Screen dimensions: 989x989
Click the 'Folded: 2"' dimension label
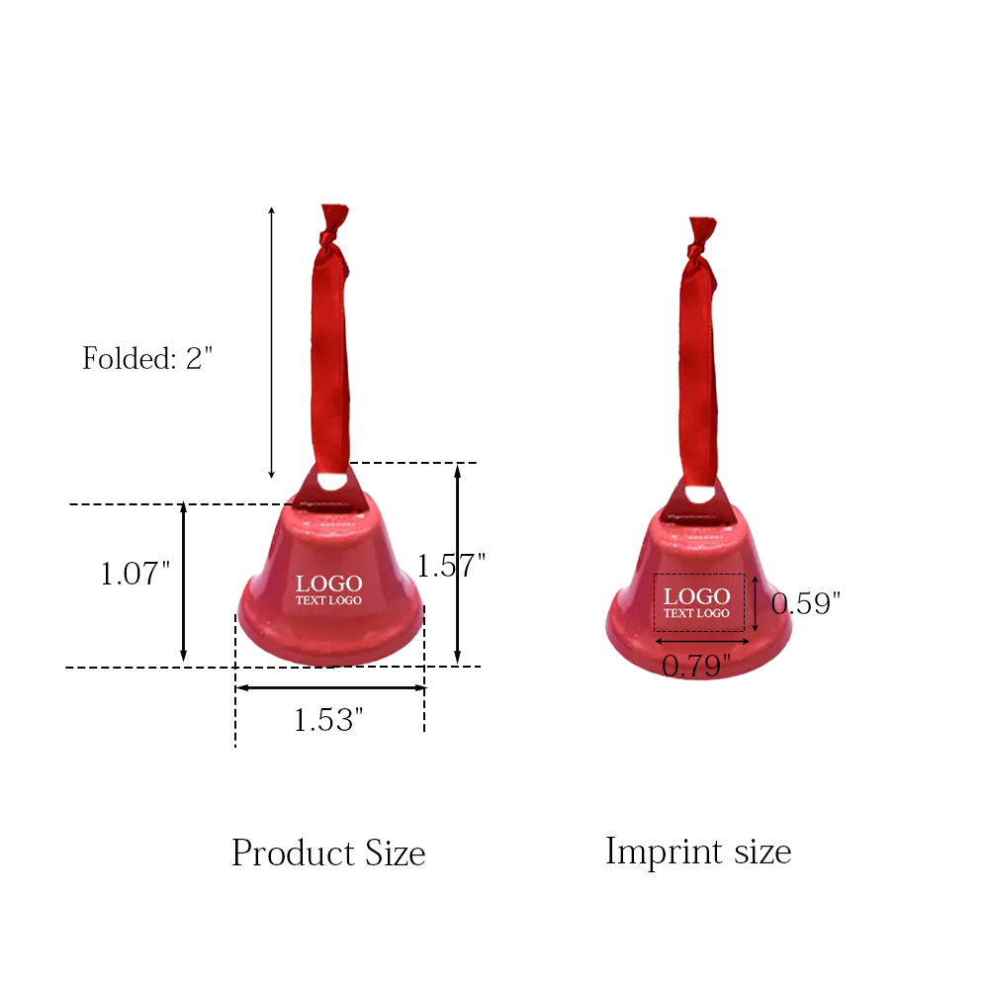coord(147,358)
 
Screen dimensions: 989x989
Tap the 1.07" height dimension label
coord(135,574)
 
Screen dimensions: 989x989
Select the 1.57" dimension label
coord(451,565)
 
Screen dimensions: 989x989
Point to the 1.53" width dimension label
coord(328,720)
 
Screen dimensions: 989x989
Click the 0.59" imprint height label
coord(805,603)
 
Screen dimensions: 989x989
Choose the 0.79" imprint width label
coord(696,666)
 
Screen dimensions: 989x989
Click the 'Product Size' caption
coord(328,853)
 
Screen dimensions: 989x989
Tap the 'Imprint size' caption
coord(698,852)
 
